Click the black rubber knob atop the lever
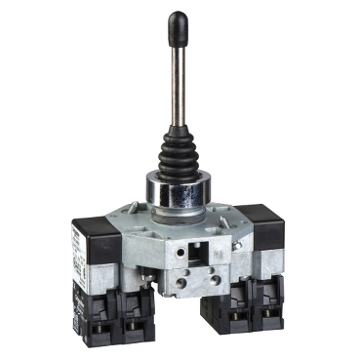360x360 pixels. [178, 22]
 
